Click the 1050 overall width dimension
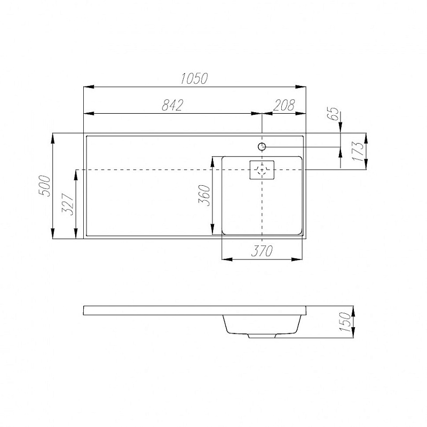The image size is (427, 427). (194, 78)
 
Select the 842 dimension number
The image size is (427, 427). (172, 105)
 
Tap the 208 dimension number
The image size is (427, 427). (284, 105)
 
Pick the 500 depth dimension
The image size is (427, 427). (45, 186)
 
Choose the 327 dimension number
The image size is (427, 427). (68, 204)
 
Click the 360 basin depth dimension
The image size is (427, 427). (204, 195)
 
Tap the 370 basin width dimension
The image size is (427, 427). (262, 251)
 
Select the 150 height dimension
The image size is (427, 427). (346, 322)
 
